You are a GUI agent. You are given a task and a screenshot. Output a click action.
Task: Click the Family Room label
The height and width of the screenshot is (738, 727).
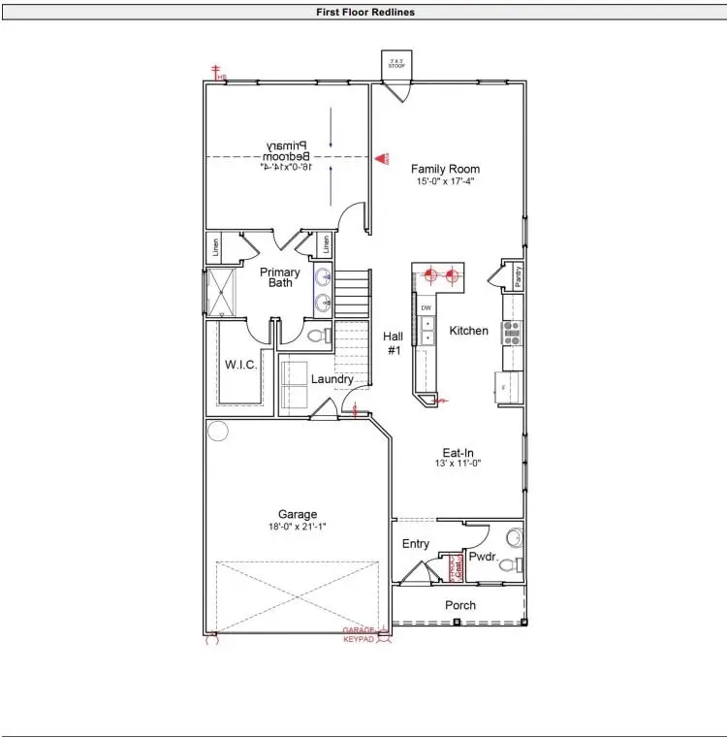pyautogui.click(x=445, y=169)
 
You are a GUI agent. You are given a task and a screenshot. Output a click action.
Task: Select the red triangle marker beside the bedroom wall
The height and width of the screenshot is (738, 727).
pyautogui.click(x=382, y=157)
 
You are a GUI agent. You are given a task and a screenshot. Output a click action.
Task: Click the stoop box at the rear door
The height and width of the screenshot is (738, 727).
pyautogui.click(x=396, y=64)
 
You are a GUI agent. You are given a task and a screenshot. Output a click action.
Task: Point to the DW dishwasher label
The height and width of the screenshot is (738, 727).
pyautogui.click(x=426, y=307)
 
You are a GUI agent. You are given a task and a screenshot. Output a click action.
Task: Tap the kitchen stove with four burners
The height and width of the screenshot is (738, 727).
pyautogui.click(x=512, y=333)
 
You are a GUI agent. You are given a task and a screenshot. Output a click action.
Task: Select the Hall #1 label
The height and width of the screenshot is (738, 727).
pyautogui.click(x=394, y=343)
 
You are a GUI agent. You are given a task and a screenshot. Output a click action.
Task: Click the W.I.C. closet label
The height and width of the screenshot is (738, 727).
pyautogui.click(x=239, y=366)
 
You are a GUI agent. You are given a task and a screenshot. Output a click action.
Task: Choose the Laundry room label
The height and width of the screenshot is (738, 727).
pyautogui.click(x=332, y=379)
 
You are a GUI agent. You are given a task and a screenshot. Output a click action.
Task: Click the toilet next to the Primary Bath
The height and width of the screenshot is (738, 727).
pyautogui.click(x=315, y=337)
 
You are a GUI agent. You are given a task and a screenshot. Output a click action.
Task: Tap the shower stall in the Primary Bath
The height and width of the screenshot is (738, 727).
pyautogui.click(x=222, y=291)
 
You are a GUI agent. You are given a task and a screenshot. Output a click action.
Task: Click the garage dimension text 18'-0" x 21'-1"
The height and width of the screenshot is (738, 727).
pyautogui.click(x=298, y=527)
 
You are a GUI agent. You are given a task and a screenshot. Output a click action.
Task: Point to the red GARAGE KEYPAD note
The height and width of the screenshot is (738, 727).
pyautogui.click(x=360, y=635)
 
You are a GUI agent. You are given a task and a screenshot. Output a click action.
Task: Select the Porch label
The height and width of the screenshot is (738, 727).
pyautogui.click(x=460, y=605)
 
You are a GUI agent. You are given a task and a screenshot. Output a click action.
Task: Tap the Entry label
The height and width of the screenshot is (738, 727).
pyautogui.click(x=416, y=544)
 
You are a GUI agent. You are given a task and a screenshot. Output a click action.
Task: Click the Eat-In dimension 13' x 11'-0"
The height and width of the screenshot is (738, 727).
pyautogui.click(x=458, y=464)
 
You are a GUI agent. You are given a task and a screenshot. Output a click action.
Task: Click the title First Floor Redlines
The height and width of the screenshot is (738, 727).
pyautogui.click(x=365, y=13)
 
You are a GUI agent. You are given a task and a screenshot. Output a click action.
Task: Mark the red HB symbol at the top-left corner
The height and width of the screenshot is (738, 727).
pyautogui.click(x=218, y=75)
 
